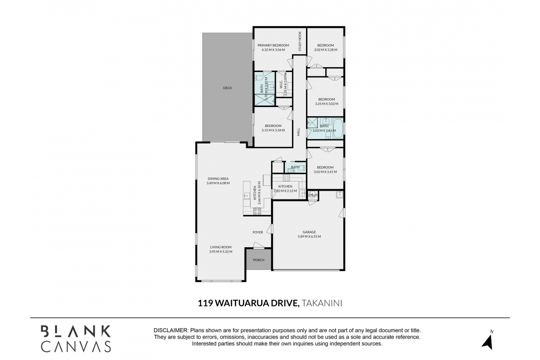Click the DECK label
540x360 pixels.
coord(227,88)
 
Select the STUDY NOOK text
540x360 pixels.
coord(300,41)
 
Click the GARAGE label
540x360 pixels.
coord(309,232)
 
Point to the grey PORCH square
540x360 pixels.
coord(259,260)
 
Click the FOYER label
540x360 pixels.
coord(258,232)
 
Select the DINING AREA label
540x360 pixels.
coord(217,179)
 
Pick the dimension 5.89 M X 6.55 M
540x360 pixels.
coord(309,237)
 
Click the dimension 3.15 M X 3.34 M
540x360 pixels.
coord(273,130)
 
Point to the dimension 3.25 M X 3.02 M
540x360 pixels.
coord(325,104)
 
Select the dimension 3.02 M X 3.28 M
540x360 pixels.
coord(325,50)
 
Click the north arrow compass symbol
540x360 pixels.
coord(487,341)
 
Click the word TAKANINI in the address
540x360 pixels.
coord(322,303)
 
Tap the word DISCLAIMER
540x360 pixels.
coord(170,330)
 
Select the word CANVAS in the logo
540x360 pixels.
coord(76,346)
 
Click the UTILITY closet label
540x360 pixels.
coord(312,196)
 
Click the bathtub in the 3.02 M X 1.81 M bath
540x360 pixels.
coord(338,128)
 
